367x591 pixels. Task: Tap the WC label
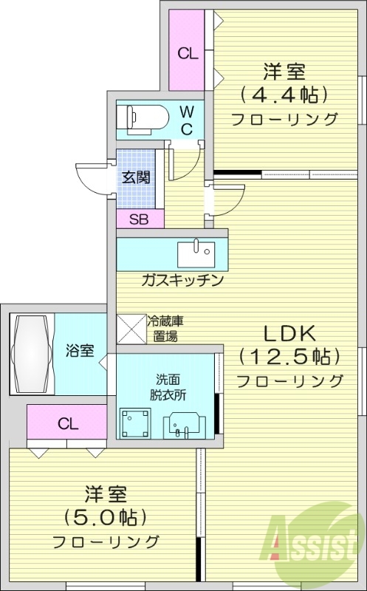click(x=188, y=120)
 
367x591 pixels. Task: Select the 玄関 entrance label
click(x=137, y=177)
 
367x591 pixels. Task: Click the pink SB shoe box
click(x=138, y=219)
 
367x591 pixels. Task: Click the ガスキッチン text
click(x=182, y=281)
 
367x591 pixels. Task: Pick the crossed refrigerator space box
click(x=131, y=327)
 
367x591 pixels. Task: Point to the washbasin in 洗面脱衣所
click(x=184, y=424)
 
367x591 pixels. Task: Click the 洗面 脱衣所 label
click(x=167, y=386)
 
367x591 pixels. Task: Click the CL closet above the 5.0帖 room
click(x=68, y=424)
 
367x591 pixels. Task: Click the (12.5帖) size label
click(x=288, y=356)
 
